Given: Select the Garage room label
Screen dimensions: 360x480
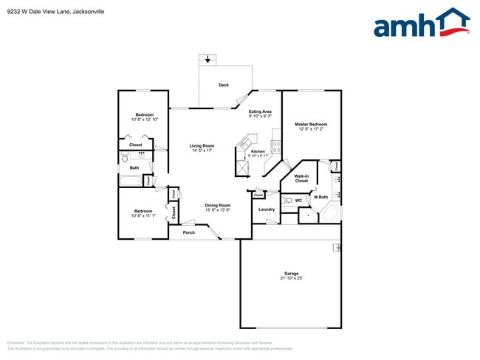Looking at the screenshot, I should pos(291,273).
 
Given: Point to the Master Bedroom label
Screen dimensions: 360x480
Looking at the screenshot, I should pos(311,124).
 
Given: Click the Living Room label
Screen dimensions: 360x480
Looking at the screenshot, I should pos(202,145).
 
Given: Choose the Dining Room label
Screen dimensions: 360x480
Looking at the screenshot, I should pos(218,205).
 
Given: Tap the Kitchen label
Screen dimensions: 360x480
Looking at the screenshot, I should pos(258,151).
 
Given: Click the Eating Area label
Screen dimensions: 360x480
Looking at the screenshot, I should pos(260,111).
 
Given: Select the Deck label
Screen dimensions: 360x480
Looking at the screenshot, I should pos(223,86).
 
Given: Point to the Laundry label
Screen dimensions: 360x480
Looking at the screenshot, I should pos(267,209).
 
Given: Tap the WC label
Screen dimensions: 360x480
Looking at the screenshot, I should pos(298,200).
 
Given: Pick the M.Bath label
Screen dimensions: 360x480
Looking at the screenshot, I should pos(320,197).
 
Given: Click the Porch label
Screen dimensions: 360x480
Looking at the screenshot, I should pos(189,232).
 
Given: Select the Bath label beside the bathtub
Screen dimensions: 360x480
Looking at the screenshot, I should pos(134,167).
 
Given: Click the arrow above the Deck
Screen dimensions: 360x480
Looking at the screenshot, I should pos(208,60).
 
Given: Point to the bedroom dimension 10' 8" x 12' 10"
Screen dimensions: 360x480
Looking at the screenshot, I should pos(144,119).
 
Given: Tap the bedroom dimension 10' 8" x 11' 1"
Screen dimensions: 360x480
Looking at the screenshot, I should pos(143,215).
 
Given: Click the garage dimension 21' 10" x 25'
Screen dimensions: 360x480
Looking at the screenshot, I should pos(291,278).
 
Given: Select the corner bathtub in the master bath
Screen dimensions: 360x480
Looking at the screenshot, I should pos(330,215).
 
